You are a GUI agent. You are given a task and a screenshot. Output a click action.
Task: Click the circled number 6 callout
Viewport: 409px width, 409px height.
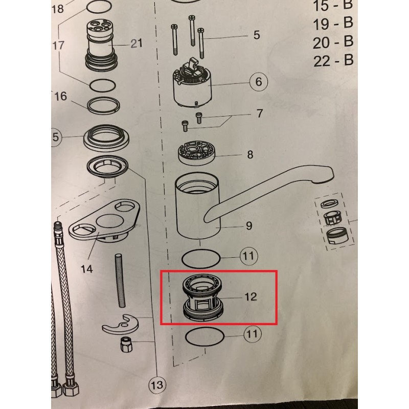tap(259, 82)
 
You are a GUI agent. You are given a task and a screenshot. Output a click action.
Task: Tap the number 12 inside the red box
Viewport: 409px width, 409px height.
tap(251, 297)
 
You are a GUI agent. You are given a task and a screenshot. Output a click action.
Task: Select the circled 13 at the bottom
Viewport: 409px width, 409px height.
tap(157, 385)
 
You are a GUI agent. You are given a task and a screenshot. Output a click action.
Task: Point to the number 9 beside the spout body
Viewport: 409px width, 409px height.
tap(249, 225)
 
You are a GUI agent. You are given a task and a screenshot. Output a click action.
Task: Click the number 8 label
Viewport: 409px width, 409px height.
tap(250, 155)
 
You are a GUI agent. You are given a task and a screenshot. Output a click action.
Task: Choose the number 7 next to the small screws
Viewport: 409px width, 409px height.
tap(259, 113)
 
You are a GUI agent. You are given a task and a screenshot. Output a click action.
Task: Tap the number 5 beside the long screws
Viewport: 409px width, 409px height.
tap(257, 35)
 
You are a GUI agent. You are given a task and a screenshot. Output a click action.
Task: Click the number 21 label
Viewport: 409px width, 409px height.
tap(137, 43)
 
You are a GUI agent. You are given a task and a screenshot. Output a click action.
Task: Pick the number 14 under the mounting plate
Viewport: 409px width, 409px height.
tap(86, 268)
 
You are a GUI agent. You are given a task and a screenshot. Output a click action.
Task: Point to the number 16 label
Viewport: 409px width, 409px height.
tap(60, 97)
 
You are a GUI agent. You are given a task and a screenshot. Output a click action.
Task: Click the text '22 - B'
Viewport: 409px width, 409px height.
tap(333, 60)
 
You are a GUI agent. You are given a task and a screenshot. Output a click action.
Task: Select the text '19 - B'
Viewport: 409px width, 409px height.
tap(333, 24)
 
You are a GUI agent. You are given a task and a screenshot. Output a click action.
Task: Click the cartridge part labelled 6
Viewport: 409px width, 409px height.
tap(193, 83)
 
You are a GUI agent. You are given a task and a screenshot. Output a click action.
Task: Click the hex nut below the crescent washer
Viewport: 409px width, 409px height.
tap(126, 344)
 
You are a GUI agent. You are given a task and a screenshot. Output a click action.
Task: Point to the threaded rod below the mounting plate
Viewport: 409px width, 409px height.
tap(120, 280)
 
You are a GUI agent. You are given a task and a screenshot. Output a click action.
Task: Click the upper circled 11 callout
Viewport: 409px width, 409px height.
tap(248, 256)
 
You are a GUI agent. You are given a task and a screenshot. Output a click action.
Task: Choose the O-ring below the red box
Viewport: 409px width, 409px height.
tap(205, 337)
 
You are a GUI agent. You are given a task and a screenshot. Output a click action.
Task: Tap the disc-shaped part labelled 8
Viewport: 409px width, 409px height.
tap(197, 153)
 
